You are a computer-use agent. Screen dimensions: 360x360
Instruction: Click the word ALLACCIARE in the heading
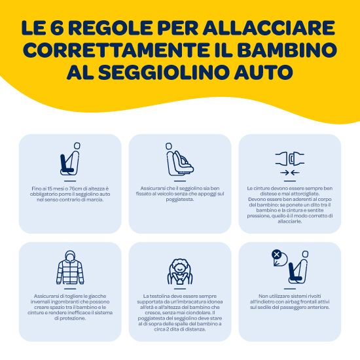268,28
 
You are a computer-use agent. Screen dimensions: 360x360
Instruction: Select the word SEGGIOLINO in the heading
164,72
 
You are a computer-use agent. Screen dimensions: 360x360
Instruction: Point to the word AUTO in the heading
264,72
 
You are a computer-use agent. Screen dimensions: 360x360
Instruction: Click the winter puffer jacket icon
70,268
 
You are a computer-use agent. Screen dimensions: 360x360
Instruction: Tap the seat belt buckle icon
290,159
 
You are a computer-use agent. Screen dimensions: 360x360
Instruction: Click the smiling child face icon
180,272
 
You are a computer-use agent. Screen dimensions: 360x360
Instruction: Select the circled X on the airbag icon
276,255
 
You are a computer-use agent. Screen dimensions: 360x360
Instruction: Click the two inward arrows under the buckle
290,172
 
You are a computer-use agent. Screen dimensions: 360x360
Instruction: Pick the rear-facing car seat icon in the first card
70,159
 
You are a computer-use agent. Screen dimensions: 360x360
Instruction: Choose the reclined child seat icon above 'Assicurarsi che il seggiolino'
180,159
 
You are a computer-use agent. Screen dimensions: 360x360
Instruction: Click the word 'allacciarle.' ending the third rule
290,221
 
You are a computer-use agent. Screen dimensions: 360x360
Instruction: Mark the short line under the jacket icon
70,289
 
